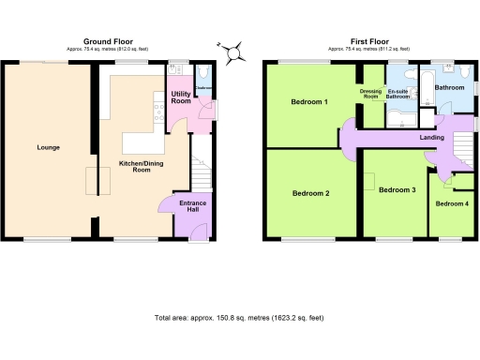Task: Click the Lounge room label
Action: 48,147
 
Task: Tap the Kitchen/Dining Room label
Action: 135,167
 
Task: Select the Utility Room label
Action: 181,97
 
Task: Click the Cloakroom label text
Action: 203,88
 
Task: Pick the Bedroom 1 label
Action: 309,101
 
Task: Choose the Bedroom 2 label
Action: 310,194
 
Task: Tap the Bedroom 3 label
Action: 397,190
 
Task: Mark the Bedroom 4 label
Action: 452,203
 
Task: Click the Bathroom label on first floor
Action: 450,88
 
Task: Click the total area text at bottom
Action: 239,319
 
